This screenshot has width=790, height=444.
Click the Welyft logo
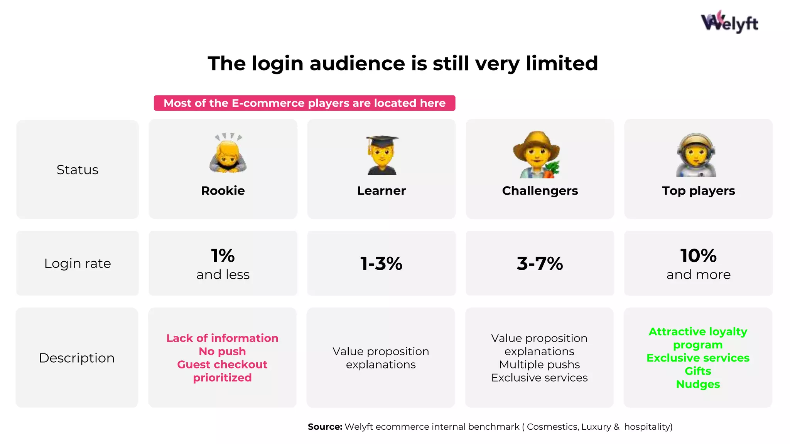click(729, 22)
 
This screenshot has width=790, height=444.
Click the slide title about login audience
click(403, 63)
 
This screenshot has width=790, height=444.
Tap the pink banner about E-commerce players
click(304, 103)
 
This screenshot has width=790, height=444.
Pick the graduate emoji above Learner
click(382, 155)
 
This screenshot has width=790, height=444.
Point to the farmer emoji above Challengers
click(537, 155)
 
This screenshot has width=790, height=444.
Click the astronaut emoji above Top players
click(696, 155)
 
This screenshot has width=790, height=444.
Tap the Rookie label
click(223, 191)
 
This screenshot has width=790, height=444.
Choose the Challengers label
click(540, 191)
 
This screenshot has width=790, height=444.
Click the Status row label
click(78, 170)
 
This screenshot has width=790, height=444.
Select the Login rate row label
click(78, 264)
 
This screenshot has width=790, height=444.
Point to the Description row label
click(77, 358)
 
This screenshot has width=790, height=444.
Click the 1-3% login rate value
click(381, 264)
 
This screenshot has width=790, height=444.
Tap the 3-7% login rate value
click(540, 264)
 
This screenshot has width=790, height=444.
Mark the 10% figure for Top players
click(698, 256)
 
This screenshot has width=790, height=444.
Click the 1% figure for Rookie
click(223, 256)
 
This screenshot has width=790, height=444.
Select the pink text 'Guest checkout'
click(222, 365)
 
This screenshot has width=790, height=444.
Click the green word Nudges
click(698, 384)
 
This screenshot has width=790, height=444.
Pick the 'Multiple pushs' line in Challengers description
click(539, 365)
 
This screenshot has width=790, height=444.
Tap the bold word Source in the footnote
click(325, 427)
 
